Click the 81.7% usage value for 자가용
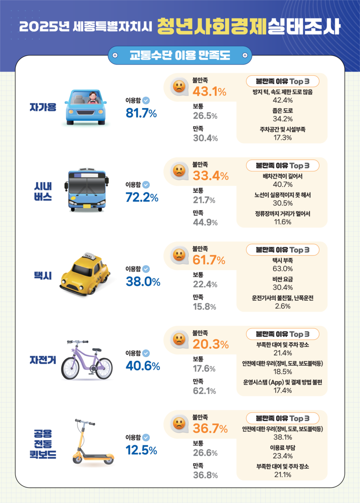141,113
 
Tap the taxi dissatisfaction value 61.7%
209,261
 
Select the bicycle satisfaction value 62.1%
204,391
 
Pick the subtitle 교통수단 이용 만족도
180,56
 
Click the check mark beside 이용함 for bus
146,184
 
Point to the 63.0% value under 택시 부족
282,269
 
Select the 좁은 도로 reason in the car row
282,111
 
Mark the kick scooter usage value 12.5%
141,450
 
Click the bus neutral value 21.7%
204,200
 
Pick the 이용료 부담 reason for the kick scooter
282,448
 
